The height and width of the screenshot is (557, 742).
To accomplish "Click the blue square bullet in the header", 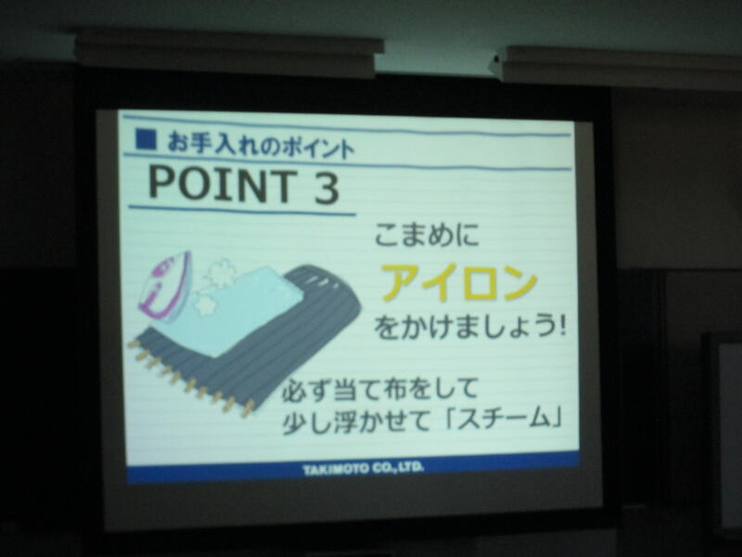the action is pos(146,138).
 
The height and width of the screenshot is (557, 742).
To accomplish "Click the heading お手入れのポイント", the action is pos(261,146).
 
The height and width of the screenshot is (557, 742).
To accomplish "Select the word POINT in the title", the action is pos(223,184).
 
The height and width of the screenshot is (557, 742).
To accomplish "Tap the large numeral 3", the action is pos(326,188).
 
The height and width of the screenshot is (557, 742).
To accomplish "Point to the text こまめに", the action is pos(427,235).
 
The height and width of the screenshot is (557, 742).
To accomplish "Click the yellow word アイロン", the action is pos(459,282).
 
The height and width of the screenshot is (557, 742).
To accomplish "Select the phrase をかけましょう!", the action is pos(471,327).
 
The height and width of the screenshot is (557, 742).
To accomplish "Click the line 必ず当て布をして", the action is pos(380,390).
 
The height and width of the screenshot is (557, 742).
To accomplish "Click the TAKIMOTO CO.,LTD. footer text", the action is pos(363,469).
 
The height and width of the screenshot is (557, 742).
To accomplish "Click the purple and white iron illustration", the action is pos(164,286).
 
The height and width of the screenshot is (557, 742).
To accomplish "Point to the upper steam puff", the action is pos(220,272).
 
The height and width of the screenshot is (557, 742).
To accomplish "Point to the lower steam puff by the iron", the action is pos(205,303).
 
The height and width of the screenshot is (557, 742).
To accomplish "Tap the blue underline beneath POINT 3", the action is pos(242,212).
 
